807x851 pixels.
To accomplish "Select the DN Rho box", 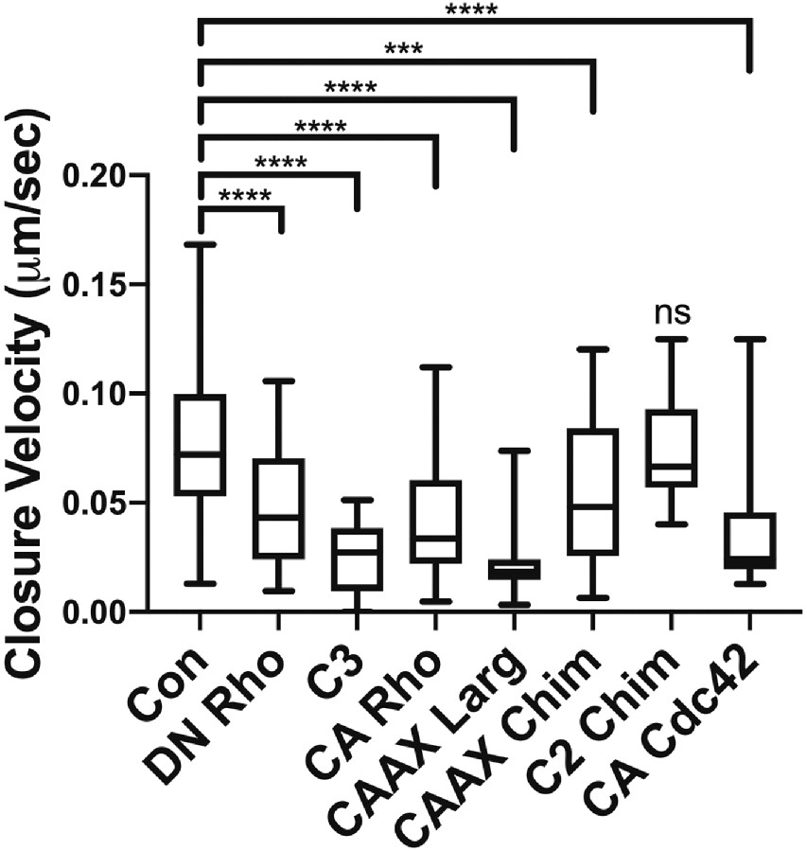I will [278, 508].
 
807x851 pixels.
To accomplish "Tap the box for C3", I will [356, 558].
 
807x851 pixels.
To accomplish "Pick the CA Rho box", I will [434, 522].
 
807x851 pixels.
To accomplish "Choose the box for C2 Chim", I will [670, 448].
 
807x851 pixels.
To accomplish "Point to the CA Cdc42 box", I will [748, 541].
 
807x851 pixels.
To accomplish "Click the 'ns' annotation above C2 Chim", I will [670, 311].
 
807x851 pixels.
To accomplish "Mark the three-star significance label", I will [404, 48].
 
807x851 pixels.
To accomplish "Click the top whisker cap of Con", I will [200, 244].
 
